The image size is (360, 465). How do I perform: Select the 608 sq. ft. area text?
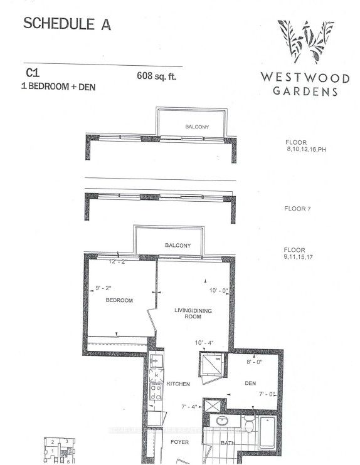(157, 78)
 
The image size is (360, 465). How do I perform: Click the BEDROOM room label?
(119, 301)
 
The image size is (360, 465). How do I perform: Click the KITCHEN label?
(178, 383)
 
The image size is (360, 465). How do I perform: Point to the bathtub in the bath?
(266, 432)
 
